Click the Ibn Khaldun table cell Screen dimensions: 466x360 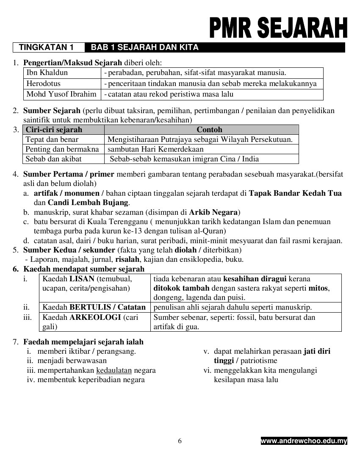(x=47, y=72)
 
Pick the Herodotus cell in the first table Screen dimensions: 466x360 (x=44, y=83)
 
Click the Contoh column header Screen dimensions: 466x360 (x=209, y=130)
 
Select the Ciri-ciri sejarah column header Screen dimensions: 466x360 (x=54, y=130)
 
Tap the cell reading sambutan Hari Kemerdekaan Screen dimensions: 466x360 (x=155, y=149)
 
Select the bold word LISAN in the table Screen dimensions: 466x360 (x=82, y=279)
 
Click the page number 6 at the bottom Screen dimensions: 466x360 (x=180, y=441)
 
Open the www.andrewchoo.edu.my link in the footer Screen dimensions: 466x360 (x=304, y=441)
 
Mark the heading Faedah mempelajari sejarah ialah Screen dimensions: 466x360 (x=83, y=342)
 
